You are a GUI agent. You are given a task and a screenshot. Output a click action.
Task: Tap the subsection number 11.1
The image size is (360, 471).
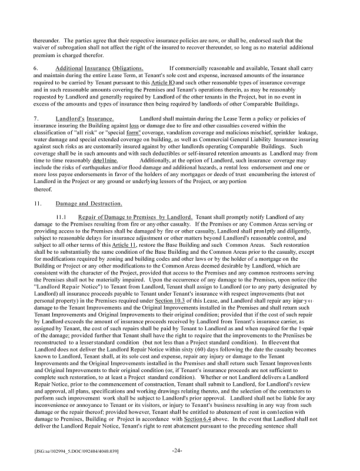[61, 217]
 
